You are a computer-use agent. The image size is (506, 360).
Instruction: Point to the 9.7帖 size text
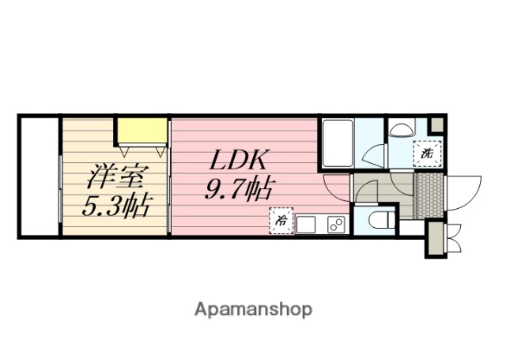click(x=240, y=191)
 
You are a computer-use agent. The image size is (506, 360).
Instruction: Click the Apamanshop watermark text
click(x=253, y=309)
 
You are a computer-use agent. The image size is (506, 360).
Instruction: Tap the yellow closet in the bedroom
click(x=142, y=130)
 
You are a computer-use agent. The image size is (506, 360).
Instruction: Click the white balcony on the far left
click(x=39, y=176)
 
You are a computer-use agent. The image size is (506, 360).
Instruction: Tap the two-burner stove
click(x=335, y=225)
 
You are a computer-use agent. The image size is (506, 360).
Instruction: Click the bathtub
click(x=337, y=142)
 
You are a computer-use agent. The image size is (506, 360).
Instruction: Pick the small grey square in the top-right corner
click(x=436, y=124)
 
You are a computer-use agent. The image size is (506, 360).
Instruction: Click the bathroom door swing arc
click(x=374, y=154)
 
